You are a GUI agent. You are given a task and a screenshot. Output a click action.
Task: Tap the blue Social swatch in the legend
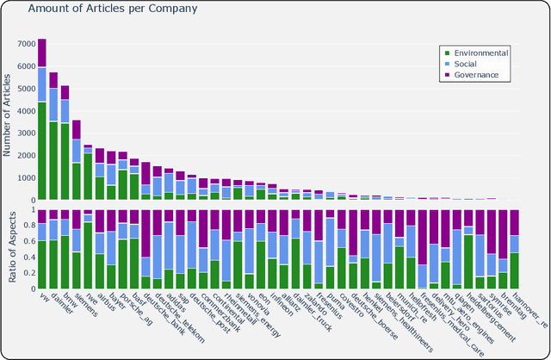pyautogui.click(x=445, y=64)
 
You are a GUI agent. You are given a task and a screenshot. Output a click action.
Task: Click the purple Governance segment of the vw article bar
pyautogui.click(x=42, y=53)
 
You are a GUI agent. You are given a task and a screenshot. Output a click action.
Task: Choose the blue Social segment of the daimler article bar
pyautogui.click(x=53, y=105)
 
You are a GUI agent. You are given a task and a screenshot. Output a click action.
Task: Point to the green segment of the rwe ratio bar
pyautogui.click(x=88, y=255)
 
